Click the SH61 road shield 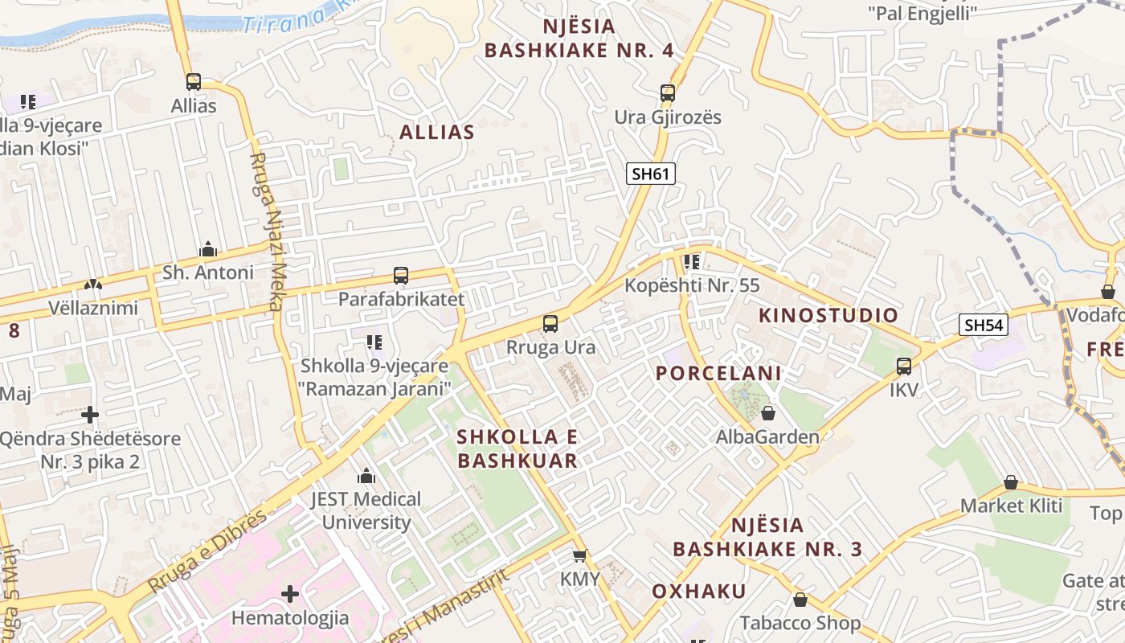651,174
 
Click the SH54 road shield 984,325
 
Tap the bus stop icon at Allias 194,82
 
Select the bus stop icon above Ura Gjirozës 668,93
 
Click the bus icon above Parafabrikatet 401,276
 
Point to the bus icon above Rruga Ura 550,324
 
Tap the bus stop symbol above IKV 904,367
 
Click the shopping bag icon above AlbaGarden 768,413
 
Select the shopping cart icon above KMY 580,555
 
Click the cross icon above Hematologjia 290,594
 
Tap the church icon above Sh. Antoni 208,249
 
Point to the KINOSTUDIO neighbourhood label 828,315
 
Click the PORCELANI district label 718,373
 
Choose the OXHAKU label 699,592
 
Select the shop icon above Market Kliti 1011,482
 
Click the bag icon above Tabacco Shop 800,600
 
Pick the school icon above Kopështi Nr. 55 692,262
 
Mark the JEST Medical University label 366,510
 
